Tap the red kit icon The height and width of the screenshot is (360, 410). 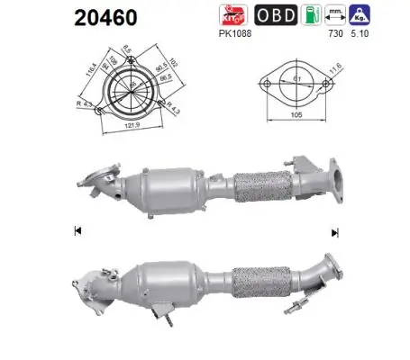230,16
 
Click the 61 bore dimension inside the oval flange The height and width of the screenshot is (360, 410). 294,79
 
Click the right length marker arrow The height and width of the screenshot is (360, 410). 335,232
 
